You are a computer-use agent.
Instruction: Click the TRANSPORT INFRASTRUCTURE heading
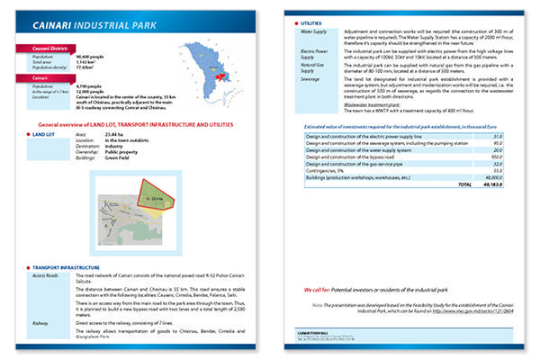pyautogui.click(x=72, y=267)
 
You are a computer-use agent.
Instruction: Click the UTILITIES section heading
pyautogui.click(x=311, y=21)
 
